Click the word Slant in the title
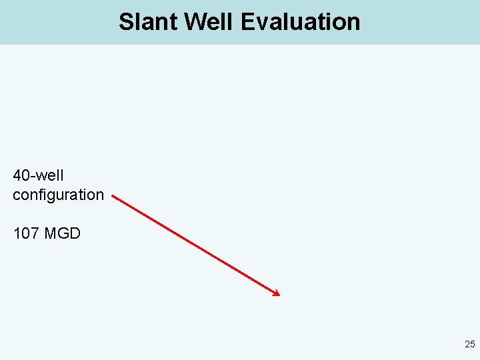pyautogui.click(x=149, y=22)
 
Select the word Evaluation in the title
pyautogui.click(x=300, y=22)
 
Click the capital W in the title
pyautogui.click(x=196, y=22)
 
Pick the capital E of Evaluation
pyautogui.click(x=247, y=22)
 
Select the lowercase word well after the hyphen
pyautogui.click(x=49, y=176)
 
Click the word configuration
pyautogui.click(x=58, y=195)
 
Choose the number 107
pyautogui.click(x=24, y=234)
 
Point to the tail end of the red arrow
pyautogui.click(x=113, y=196)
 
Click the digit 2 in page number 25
pyautogui.click(x=467, y=345)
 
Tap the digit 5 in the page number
pyautogui.click(x=473, y=345)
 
